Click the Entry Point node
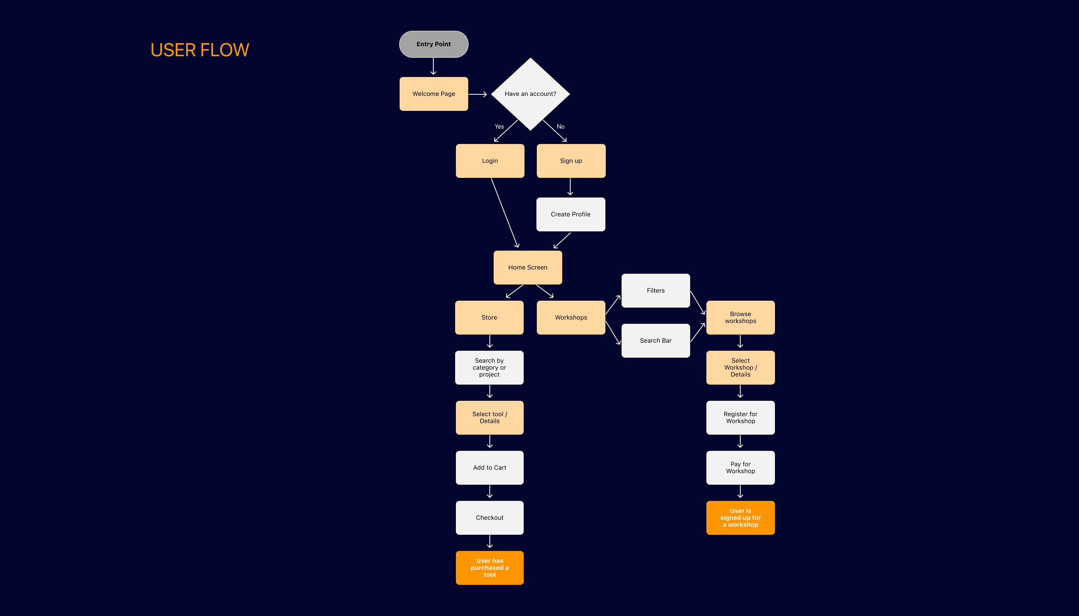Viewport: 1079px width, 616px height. tap(434, 44)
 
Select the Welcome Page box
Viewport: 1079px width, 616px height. tap(434, 94)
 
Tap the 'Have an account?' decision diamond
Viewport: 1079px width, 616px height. tap(530, 94)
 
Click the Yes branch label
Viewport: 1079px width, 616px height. tap(499, 127)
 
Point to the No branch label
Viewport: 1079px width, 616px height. tap(560, 127)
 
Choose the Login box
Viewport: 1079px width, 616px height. tap(490, 161)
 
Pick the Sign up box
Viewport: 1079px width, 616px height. tap(571, 161)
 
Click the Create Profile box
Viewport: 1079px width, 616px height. tap(570, 214)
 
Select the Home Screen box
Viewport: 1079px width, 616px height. tap(528, 268)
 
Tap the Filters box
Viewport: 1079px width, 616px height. tap(655, 291)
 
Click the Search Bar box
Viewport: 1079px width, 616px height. tap(655, 341)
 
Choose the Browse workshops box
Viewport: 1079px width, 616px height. tap(740, 318)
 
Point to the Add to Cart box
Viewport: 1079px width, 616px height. tap(489, 467)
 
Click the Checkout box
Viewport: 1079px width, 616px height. tap(489, 518)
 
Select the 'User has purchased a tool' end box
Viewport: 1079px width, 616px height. tap(489, 568)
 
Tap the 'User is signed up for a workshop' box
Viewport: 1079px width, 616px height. tap(740, 518)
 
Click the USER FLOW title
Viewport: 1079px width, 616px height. tap(200, 50)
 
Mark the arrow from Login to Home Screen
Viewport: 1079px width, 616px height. tap(504, 213)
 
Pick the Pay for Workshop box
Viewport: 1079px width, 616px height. tap(740, 467)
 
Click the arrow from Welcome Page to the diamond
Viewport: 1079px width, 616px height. tap(477, 94)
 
